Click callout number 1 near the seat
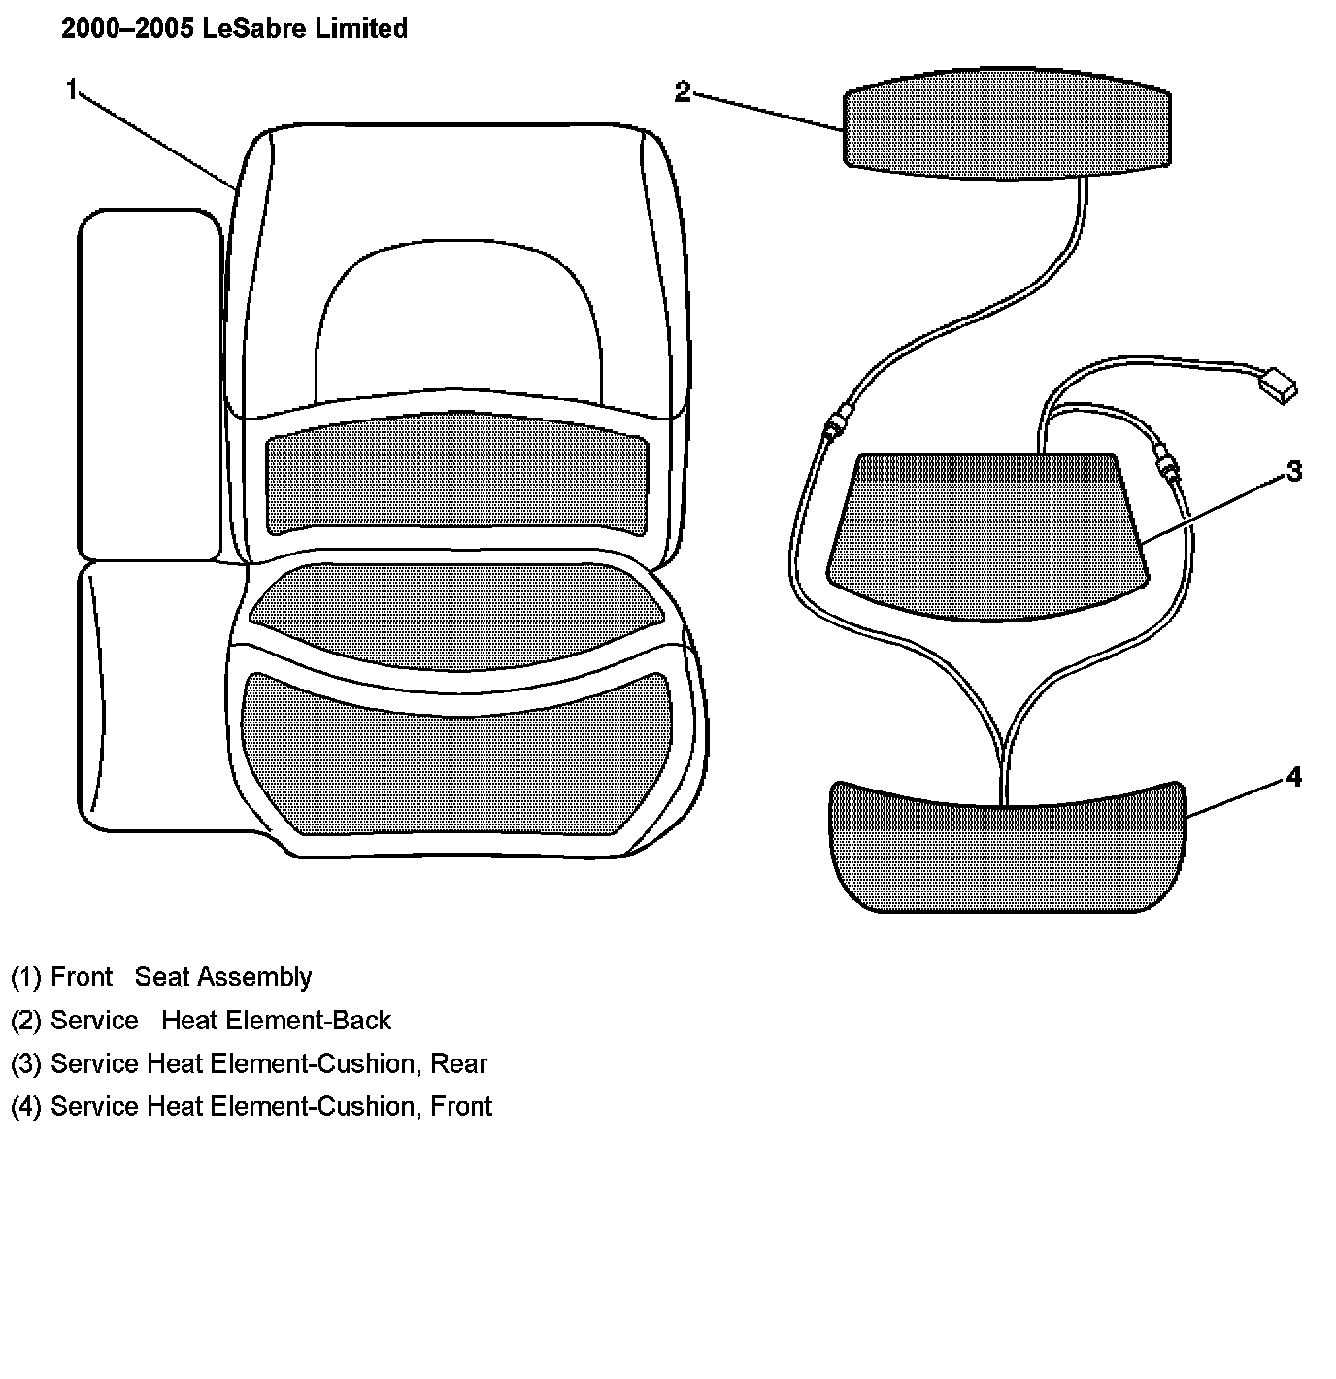(x=71, y=89)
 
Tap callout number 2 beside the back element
(x=683, y=92)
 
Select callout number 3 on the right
(x=1293, y=471)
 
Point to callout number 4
(x=1293, y=777)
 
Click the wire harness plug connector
(x=1278, y=387)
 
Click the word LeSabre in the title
(x=256, y=29)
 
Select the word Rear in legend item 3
(x=458, y=1063)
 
